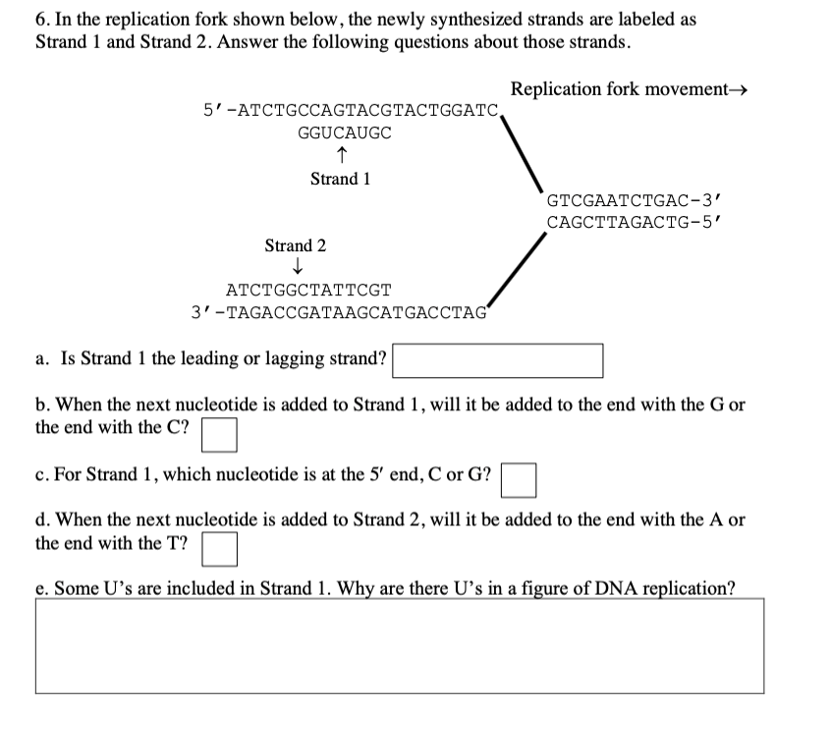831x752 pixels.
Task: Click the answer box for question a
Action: tap(497, 360)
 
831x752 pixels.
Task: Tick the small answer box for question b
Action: tap(220, 434)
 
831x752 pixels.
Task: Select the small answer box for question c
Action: tap(520, 480)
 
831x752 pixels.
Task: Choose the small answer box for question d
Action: tap(220, 549)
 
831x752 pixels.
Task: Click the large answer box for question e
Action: tap(400, 647)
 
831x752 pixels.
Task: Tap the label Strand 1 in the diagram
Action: tap(340, 179)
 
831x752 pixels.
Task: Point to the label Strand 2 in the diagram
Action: tap(295, 245)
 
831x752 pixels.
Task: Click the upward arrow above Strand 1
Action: tap(340, 155)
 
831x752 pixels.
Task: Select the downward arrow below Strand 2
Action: tap(295, 268)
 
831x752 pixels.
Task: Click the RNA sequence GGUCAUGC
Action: tap(344, 134)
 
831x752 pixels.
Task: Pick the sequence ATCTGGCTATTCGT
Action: tap(308, 291)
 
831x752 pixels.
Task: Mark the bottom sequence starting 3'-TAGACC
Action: tap(340, 313)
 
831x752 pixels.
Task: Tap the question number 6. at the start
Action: tap(41, 20)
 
